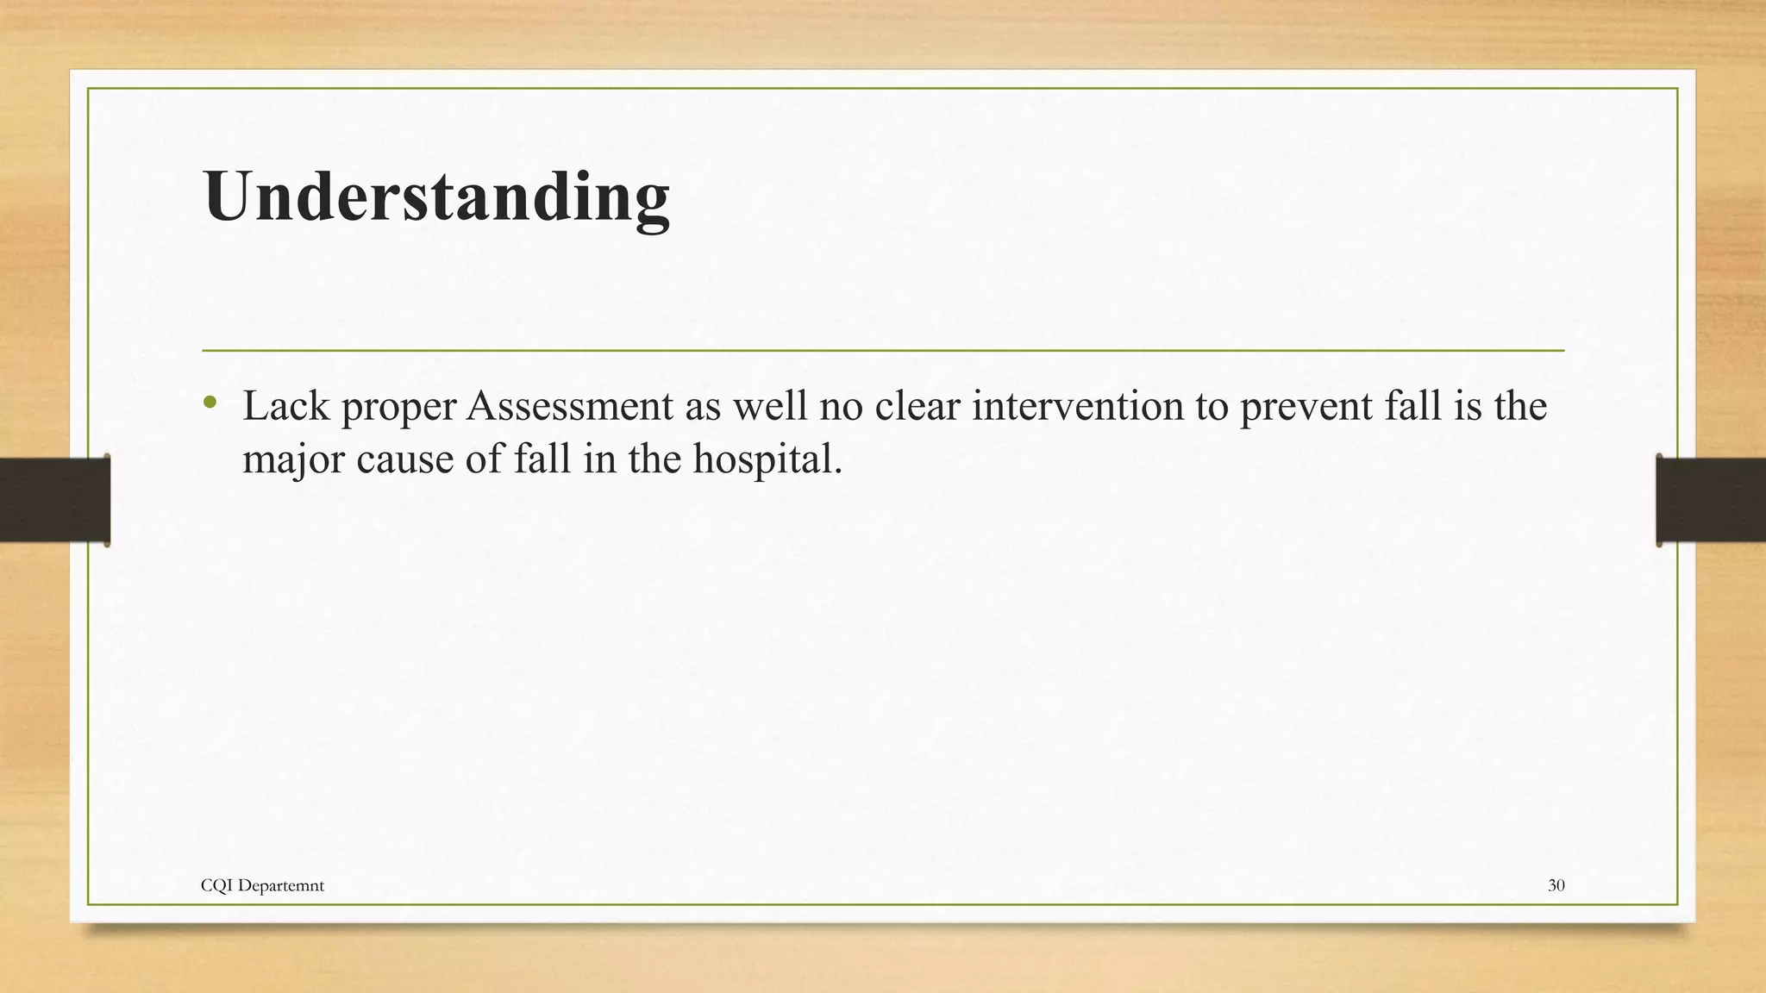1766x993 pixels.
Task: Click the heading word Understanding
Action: [436, 197]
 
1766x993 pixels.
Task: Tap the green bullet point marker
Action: [210, 403]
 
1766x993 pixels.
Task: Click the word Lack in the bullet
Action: [285, 406]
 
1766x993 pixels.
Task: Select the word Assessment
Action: [569, 406]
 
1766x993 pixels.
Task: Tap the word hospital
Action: [767, 459]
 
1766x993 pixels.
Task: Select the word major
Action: [293, 459]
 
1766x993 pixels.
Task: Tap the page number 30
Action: [1556, 885]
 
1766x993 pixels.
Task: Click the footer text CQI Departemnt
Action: [262, 885]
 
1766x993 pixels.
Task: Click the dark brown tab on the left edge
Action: [54, 500]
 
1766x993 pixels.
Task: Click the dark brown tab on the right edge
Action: [1711, 500]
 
